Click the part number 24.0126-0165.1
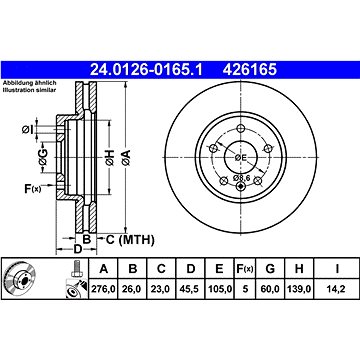click(146, 70)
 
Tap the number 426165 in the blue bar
click(250, 70)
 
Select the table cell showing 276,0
click(104, 289)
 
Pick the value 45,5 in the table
click(190, 289)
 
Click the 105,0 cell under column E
click(219, 289)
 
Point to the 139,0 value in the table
click(299, 289)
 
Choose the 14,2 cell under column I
click(337, 289)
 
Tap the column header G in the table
click(270, 268)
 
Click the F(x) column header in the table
click(245, 269)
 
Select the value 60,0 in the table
click(270, 289)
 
